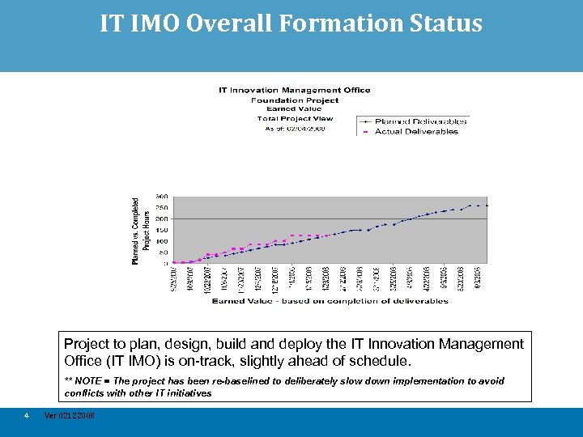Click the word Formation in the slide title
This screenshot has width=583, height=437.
[x=327, y=23]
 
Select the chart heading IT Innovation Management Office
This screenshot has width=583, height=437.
[x=294, y=90]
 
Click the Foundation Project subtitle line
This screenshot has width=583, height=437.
[x=294, y=100]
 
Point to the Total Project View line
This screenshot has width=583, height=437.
[x=294, y=118]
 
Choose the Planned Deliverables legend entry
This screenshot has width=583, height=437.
[x=420, y=121]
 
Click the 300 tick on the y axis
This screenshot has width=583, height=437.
[x=162, y=196]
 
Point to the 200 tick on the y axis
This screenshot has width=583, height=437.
[x=162, y=218]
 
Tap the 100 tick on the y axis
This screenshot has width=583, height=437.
[x=162, y=241]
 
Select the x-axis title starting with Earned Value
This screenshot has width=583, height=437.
[x=330, y=301]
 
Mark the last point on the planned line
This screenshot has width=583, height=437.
[x=487, y=206]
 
